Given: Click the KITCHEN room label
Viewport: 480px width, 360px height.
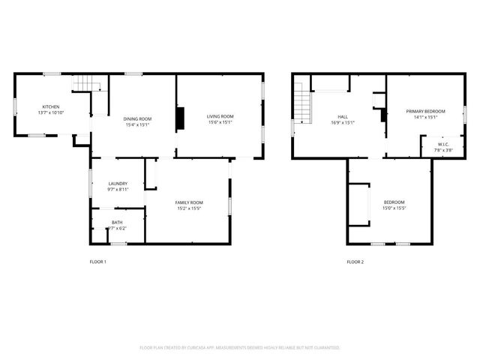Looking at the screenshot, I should tap(51, 106).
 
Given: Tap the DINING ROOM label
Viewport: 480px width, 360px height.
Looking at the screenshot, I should tap(137, 118).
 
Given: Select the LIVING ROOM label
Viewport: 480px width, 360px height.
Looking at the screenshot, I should tap(220, 116).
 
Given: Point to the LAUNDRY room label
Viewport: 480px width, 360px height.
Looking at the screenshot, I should tap(118, 184).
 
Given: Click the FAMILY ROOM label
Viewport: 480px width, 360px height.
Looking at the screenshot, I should tap(189, 202).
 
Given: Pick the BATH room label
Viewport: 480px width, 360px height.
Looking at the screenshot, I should tap(118, 222).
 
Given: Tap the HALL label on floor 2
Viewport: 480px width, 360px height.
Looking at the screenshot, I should tap(343, 117).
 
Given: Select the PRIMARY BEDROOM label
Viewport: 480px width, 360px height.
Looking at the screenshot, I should tap(425, 112).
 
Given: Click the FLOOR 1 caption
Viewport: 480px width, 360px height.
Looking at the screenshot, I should tap(98, 262).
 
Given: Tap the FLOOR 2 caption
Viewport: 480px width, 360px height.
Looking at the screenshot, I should tap(355, 262).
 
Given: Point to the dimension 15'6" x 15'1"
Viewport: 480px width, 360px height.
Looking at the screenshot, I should tap(220, 122).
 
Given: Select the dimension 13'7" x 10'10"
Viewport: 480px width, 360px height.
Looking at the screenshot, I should tap(51, 112).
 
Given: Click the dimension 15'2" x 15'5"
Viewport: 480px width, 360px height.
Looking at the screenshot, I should tap(189, 208).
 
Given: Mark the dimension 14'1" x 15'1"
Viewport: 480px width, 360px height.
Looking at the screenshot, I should tap(425, 118).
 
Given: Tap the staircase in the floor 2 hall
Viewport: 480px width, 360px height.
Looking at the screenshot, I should tap(301, 104).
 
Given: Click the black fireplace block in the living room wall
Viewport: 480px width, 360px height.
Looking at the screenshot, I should tap(179, 118).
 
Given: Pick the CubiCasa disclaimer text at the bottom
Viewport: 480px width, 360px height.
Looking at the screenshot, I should tap(240, 348).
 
